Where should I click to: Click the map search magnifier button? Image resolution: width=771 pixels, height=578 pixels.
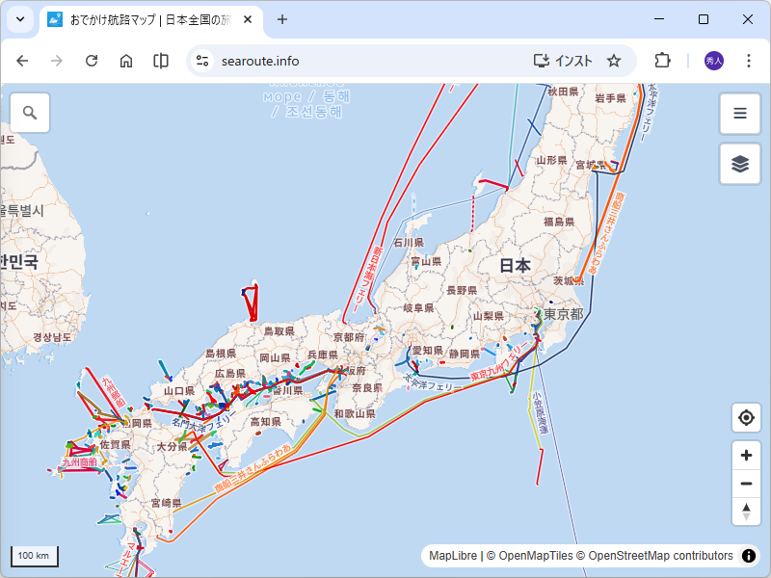30,113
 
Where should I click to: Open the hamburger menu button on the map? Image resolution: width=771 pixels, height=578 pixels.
740,113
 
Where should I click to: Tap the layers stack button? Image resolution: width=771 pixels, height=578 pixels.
740,163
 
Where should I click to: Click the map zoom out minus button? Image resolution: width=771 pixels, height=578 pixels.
746,484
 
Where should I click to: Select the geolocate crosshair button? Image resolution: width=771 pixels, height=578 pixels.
746,418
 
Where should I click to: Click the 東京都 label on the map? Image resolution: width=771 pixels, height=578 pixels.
563,315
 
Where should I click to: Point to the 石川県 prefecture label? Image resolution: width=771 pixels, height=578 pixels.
409,243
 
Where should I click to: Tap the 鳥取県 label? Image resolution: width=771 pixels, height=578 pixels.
279,330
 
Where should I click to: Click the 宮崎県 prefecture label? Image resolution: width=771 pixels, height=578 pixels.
166,503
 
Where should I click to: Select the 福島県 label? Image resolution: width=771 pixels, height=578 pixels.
559,222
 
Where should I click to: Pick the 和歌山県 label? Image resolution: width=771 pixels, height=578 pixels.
354,414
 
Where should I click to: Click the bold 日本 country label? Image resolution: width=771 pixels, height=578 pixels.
516,265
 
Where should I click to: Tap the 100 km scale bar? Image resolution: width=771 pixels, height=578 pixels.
35,556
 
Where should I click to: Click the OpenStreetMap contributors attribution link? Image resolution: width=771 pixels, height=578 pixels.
660,556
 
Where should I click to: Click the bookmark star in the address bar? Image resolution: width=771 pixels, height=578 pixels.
614,61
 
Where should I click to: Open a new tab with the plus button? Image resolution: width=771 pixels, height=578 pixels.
282,19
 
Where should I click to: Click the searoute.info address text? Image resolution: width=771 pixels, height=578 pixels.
260,61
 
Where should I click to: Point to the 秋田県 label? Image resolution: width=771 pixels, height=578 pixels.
563,92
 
